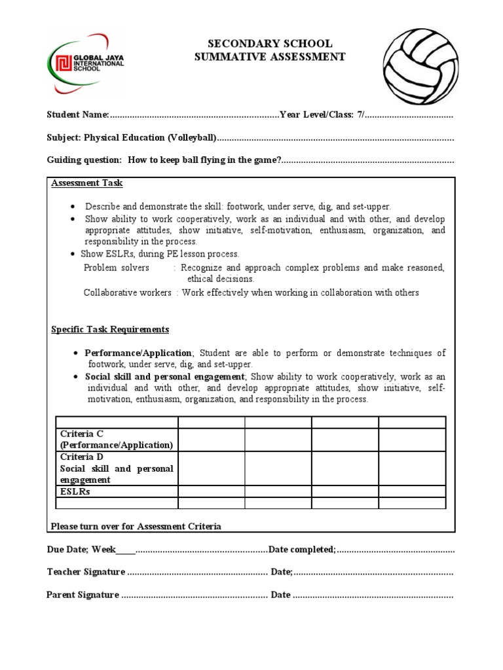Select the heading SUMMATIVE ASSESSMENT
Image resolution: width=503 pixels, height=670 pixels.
pyautogui.click(x=270, y=57)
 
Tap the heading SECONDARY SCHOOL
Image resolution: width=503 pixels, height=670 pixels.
pyautogui.click(x=270, y=44)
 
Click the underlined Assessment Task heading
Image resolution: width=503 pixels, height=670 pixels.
pyautogui.click(x=87, y=183)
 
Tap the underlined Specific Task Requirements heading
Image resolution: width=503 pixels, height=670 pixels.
pyautogui.click(x=110, y=329)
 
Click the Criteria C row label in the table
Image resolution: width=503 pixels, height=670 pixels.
pyautogui.click(x=117, y=439)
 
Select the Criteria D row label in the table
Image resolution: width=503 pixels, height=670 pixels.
pyautogui.click(x=117, y=468)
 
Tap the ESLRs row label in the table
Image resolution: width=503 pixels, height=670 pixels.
pyautogui.click(x=75, y=491)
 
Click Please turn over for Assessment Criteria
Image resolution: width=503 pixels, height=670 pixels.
pyautogui.click(x=136, y=526)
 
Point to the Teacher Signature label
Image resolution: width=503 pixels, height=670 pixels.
pyautogui.click(x=86, y=572)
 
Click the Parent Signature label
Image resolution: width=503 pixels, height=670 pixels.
pyautogui.click(x=83, y=595)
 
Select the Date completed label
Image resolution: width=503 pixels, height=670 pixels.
pyautogui.click(x=302, y=549)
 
